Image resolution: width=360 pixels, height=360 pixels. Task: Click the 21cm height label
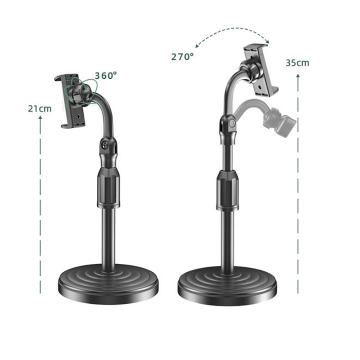[x=40, y=108]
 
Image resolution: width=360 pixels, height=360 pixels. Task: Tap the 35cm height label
[x=297, y=63]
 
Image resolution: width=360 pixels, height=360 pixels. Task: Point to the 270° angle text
[x=182, y=57]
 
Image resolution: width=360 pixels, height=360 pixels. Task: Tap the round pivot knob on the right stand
[x=231, y=123]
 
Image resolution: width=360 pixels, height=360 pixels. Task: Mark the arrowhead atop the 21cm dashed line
[x=40, y=118]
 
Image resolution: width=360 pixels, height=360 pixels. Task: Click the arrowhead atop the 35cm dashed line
[x=297, y=76]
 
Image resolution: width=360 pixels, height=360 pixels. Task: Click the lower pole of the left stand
[x=108, y=238]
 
